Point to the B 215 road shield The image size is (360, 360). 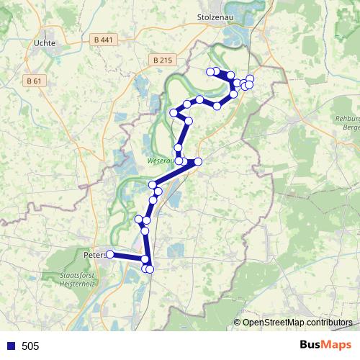(x=164, y=60)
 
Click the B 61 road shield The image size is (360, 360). (x=34, y=81)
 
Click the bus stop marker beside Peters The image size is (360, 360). (x=110, y=254)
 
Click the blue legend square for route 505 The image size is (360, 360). (x=10, y=346)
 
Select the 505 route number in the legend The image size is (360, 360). (x=30, y=346)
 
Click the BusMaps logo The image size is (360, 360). (x=325, y=345)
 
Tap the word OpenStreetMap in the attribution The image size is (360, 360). (x=272, y=322)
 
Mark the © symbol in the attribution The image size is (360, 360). (x=237, y=322)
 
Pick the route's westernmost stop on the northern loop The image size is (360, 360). (x=174, y=113)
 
